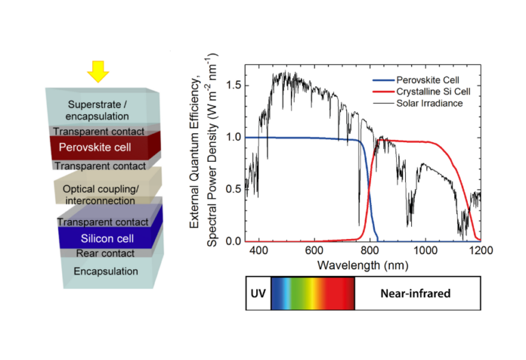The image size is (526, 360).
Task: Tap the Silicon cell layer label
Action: pyautogui.click(x=107, y=239)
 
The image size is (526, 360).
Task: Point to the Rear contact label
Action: pyautogui.click(x=105, y=253)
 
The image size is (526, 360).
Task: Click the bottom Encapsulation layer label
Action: pyautogui.click(x=105, y=271)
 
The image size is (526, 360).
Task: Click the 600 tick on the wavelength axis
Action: pyautogui.click(x=314, y=251)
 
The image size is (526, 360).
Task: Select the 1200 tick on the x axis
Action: pyautogui.click(x=480, y=251)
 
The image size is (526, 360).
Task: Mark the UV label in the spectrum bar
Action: pyautogui.click(x=258, y=293)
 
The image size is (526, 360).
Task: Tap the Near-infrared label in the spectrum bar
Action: pyautogui.click(x=417, y=293)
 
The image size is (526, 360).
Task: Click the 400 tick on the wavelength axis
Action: pyautogui.click(x=259, y=251)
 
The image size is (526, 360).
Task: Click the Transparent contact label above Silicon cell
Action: pyautogui.click(x=102, y=222)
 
